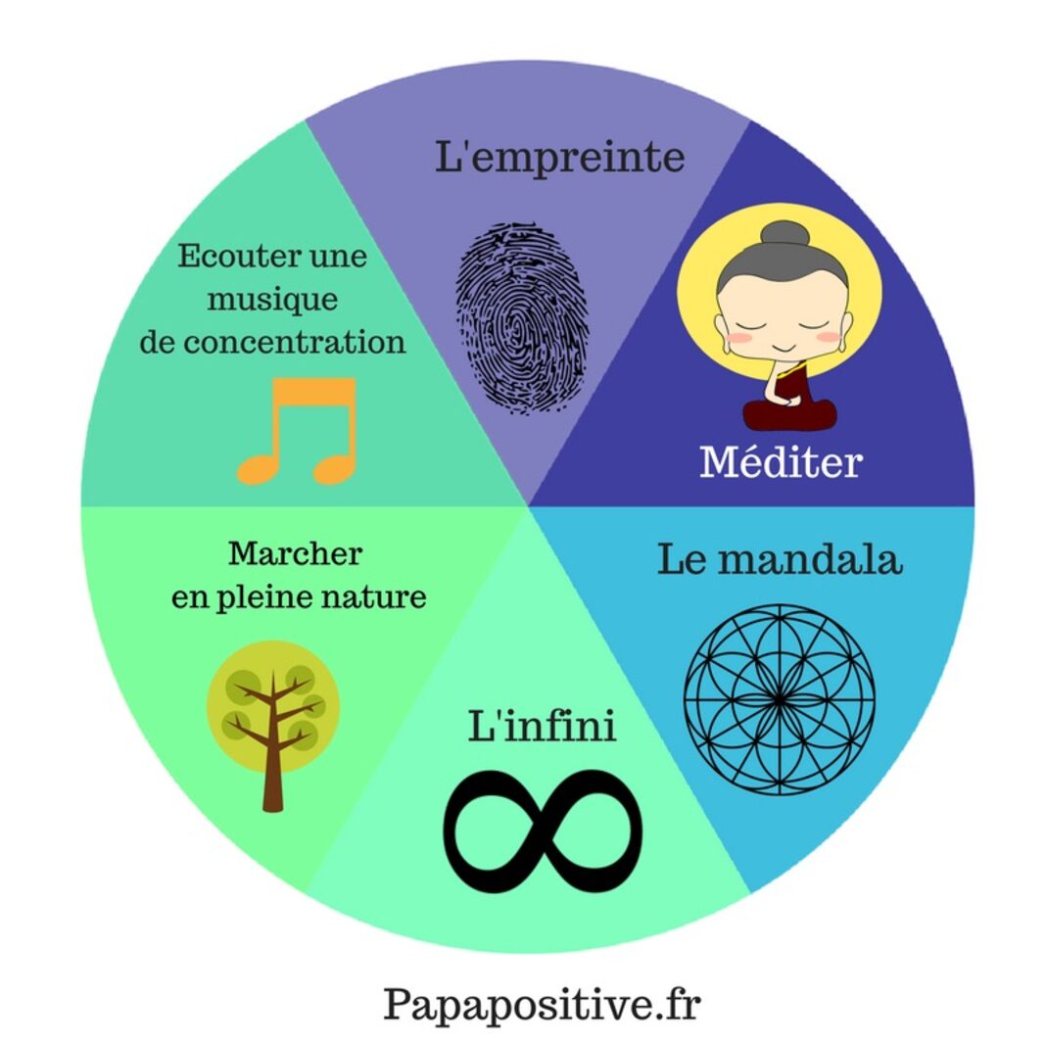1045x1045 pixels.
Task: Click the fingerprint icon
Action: pyautogui.click(x=522, y=317)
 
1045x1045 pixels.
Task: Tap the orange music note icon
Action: pyautogui.click(x=297, y=431)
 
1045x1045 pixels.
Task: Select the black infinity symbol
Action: pyautogui.click(x=544, y=824)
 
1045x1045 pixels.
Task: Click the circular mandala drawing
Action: pyautogui.click(x=780, y=698)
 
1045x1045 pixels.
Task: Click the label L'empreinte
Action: pyautogui.click(x=559, y=157)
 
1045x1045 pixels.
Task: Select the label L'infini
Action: pyautogui.click(x=542, y=727)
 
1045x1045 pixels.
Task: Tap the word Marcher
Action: pyautogui.click(x=295, y=553)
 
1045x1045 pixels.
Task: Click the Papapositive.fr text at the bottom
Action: pyautogui.click(x=542, y=1004)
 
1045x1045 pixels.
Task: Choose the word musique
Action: pyautogui.click(x=271, y=300)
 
